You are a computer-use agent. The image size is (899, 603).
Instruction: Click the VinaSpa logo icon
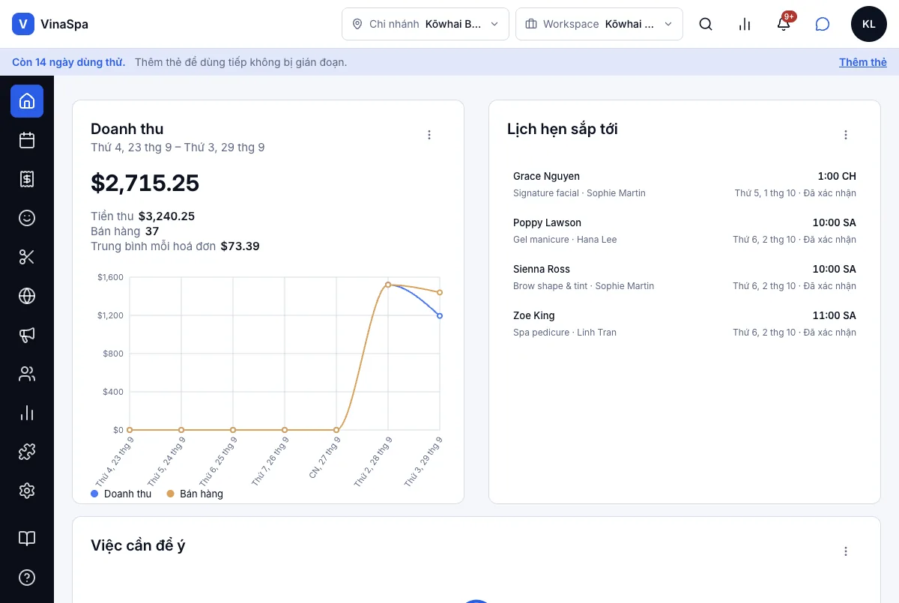point(23,24)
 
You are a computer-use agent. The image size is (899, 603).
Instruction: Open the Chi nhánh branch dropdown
point(425,24)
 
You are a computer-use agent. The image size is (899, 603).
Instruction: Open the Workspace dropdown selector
point(599,24)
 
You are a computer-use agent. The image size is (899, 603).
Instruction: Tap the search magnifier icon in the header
point(705,24)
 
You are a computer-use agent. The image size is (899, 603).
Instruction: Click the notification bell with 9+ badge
point(784,23)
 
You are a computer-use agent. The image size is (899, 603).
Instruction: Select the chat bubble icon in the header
point(822,24)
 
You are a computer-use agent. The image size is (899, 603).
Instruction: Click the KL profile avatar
point(868,24)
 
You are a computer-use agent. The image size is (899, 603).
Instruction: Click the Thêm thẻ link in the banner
point(862,62)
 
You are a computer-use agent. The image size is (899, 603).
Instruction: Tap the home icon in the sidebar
point(27,101)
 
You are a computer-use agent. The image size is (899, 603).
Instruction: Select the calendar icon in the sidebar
point(27,140)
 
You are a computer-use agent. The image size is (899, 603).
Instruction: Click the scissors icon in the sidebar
point(27,257)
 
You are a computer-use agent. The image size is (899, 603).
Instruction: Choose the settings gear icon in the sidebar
point(27,490)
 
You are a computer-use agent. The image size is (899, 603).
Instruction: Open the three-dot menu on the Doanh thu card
point(429,135)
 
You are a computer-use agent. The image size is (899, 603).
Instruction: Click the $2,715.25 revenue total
point(145,183)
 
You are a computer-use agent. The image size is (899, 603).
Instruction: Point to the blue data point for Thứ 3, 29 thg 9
point(440,316)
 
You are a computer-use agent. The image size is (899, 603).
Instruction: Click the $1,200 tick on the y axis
point(110,315)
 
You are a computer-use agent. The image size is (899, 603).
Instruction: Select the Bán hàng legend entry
point(195,494)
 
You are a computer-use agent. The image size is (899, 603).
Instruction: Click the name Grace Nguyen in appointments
point(546,176)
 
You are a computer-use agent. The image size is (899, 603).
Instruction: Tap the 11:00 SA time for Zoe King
point(834,315)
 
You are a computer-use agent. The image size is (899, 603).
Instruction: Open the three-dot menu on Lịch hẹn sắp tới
point(846,135)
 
